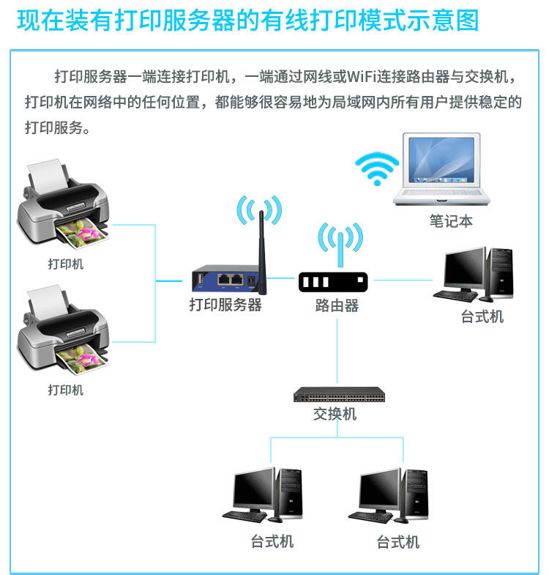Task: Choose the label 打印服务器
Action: (225, 305)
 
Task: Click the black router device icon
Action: (333, 281)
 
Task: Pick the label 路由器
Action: (337, 305)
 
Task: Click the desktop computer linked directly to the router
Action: (472, 275)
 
